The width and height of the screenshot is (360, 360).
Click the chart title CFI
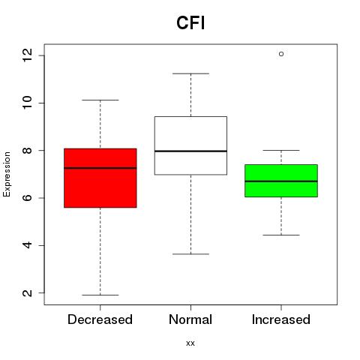click(x=190, y=23)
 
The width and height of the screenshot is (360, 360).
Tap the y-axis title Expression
click(x=7, y=174)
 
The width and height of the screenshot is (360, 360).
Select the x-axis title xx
click(x=190, y=343)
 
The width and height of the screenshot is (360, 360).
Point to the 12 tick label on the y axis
click(x=27, y=55)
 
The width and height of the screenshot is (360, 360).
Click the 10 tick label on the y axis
click(x=27, y=103)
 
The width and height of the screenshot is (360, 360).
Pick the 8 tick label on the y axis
click(x=27, y=150)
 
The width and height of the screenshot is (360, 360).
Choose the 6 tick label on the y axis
click(x=27, y=198)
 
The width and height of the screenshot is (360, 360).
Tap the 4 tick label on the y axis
click(x=27, y=245)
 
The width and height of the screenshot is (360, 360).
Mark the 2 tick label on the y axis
click(x=27, y=292)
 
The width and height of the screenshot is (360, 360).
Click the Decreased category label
click(x=100, y=319)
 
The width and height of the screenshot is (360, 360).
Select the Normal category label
click(x=190, y=319)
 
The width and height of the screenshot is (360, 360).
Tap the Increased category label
click(x=281, y=319)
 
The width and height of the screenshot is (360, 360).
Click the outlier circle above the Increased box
click(x=281, y=54)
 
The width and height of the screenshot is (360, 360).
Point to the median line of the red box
click(x=100, y=168)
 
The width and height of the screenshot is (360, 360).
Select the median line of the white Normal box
click(x=190, y=151)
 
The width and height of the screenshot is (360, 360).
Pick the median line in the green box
click(x=281, y=181)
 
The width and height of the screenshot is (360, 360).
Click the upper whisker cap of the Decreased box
click(x=100, y=100)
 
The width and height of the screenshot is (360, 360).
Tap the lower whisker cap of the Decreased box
click(x=100, y=295)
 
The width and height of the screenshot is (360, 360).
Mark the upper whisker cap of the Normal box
click(x=190, y=73)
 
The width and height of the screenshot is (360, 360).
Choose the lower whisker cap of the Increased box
click(x=281, y=235)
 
